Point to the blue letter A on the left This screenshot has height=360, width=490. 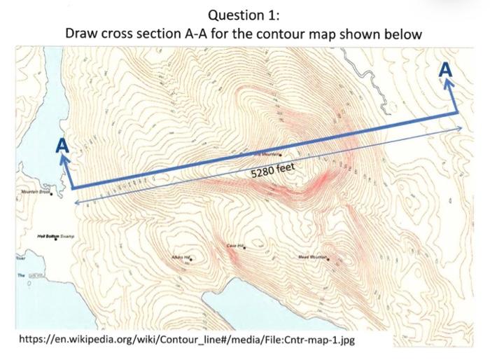[62, 146]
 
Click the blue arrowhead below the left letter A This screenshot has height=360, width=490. [64, 160]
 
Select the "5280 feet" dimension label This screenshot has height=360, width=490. [274, 169]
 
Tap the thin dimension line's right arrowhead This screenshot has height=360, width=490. [459, 128]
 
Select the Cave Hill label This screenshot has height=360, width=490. [236, 246]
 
